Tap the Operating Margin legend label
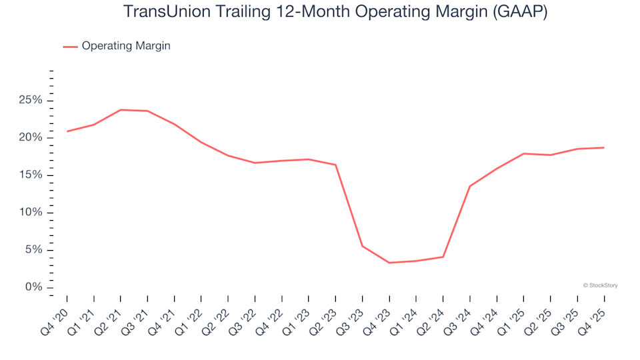click(x=126, y=46)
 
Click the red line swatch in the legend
click(x=71, y=47)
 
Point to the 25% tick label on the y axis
click(x=31, y=100)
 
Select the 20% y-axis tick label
click(x=31, y=137)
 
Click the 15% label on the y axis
click(x=31, y=175)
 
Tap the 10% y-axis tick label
click(x=31, y=212)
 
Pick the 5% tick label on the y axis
click(x=33, y=249)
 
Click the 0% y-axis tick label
click(x=33, y=287)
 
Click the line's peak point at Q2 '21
click(x=121, y=110)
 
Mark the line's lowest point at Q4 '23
click(x=389, y=263)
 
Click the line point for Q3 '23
click(x=363, y=246)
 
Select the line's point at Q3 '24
click(x=470, y=186)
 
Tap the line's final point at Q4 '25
click(x=604, y=147)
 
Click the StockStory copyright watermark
click(x=600, y=285)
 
